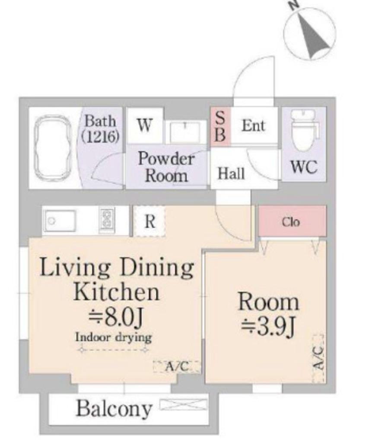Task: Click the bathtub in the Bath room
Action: point(52,148)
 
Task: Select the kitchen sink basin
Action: point(59,221)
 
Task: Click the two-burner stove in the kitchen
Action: point(107,221)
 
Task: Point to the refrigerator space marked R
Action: point(150,221)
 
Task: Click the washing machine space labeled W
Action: point(145,125)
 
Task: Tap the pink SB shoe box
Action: point(220,127)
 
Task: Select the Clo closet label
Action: point(291,222)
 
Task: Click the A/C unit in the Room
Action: point(319,358)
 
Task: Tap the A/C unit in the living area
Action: point(177,367)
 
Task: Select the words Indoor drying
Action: point(113,337)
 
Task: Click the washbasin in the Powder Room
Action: point(185,132)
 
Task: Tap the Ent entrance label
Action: point(253,126)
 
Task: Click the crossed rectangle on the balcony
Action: point(183,404)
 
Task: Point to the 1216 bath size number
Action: point(100,137)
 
